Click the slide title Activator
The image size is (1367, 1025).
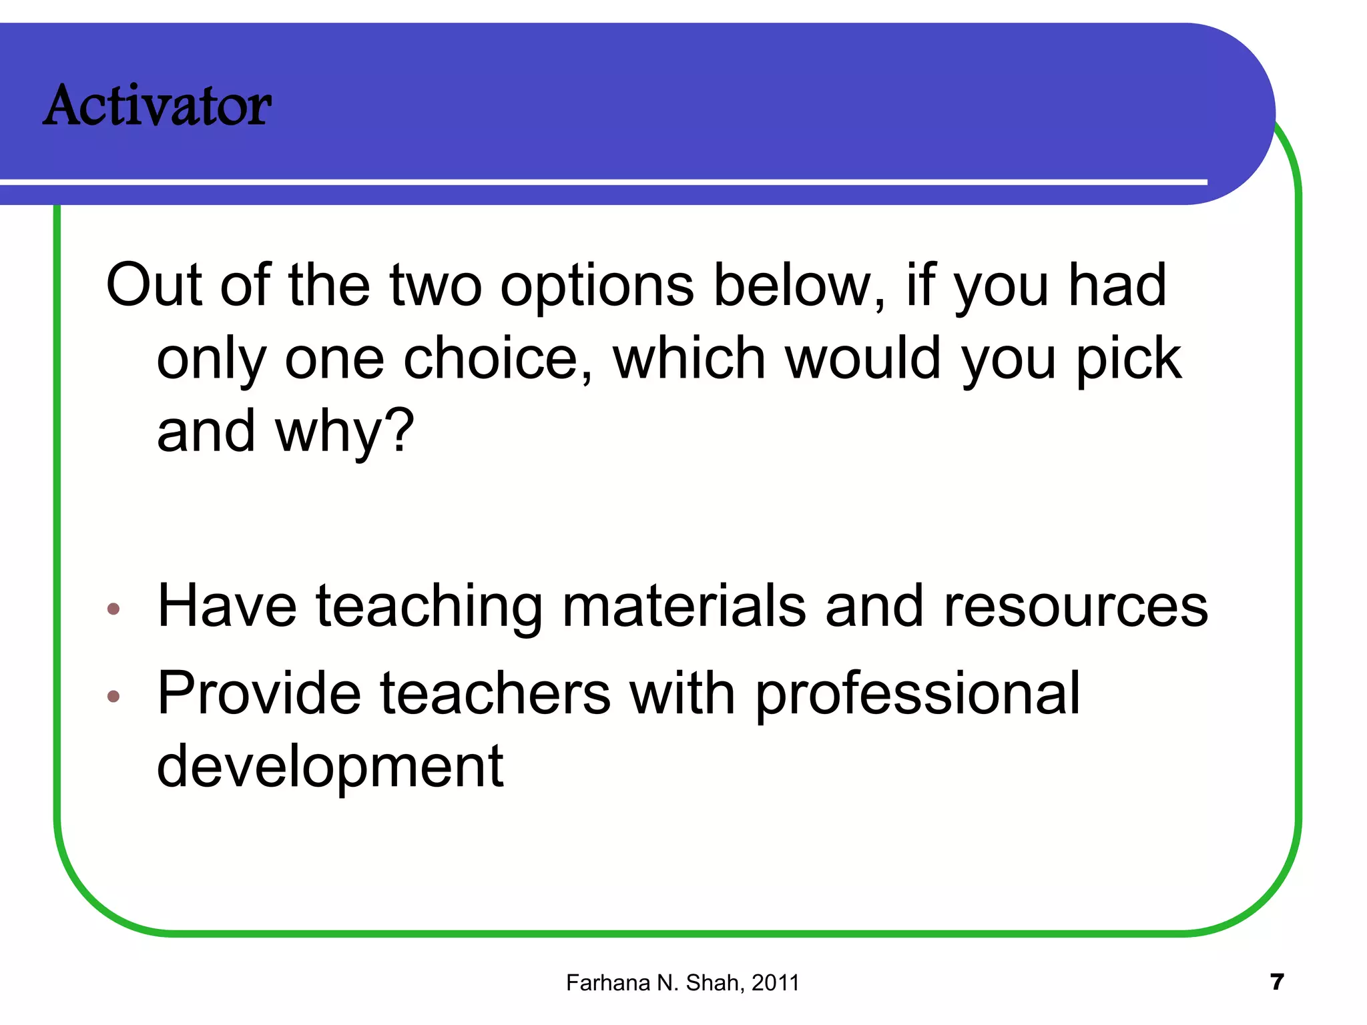click(158, 105)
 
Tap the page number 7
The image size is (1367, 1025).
click(1276, 982)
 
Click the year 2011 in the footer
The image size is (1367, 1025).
click(775, 983)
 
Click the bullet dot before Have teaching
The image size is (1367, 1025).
click(113, 609)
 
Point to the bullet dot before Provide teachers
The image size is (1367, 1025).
click(113, 697)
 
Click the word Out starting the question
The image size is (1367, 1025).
click(154, 285)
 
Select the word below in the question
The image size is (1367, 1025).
click(800, 285)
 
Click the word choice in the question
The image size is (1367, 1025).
click(497, 359)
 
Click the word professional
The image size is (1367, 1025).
click(917, 694)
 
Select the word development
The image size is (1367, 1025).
click(330, 767)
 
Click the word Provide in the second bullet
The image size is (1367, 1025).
click(259, 694)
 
